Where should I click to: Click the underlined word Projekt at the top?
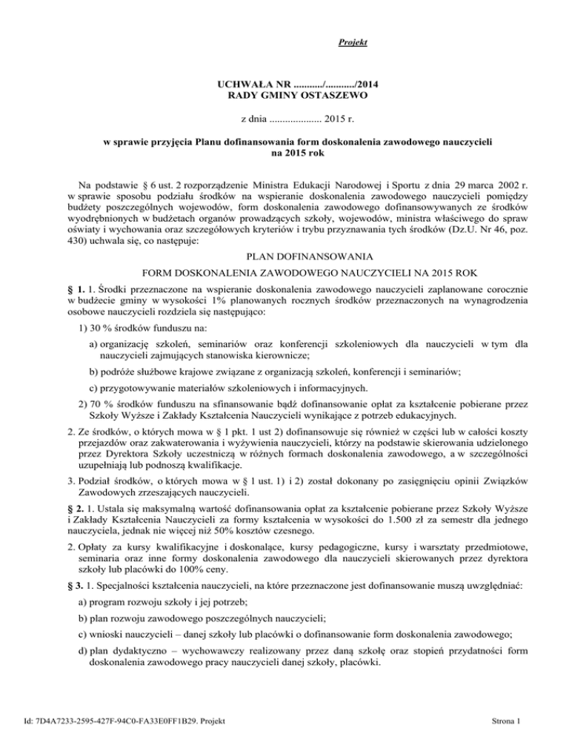coord(347,42)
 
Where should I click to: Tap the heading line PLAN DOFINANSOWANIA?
coord(284,260)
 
